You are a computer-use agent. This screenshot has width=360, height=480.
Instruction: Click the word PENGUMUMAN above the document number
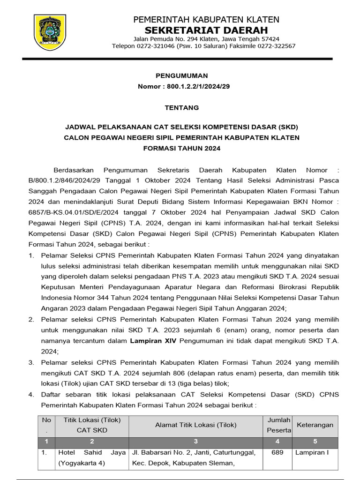coord(181,75)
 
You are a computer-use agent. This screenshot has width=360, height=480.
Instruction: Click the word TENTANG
coord(181,107)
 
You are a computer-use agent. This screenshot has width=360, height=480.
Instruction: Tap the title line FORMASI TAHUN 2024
coord(181,148)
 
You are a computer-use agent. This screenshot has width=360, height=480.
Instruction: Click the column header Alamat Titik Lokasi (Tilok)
coord(196,425)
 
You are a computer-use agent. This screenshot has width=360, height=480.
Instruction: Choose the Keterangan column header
coord(315,425)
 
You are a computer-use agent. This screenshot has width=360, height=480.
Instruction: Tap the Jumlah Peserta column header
coord(279,425)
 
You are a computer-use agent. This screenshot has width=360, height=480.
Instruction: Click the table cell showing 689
coord(279,453)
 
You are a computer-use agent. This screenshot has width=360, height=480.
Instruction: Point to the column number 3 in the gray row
coord(196,441)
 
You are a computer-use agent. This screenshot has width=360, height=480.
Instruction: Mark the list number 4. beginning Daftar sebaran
coord(31,395)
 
